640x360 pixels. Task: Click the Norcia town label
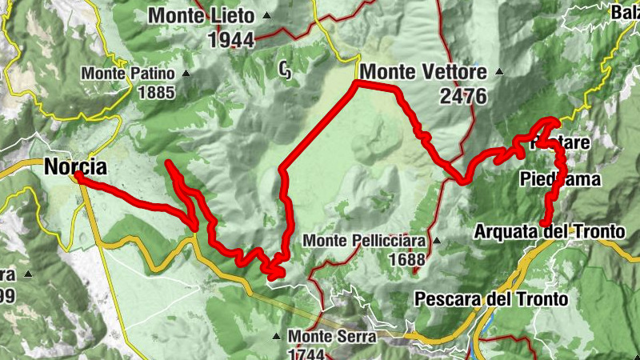(x=75, y=168)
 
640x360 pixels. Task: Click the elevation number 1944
(x=230, y=40)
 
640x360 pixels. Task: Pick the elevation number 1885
(x=155, y=93)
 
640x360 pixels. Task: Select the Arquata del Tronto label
(x=549, y=232)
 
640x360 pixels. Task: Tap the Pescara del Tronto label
(x=491, y=299)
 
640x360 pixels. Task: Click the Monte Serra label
(x=332, y=337)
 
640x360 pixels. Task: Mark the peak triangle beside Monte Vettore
(x=499, y=72)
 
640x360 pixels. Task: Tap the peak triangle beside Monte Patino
(x=186, y=74)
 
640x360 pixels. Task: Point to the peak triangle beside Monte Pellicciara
(x=436, y=240)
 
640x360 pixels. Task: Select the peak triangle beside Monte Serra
(x=278, y=336)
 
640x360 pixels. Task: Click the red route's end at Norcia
(x=78, y=177)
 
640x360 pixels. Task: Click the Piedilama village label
(x=559, y=179)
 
